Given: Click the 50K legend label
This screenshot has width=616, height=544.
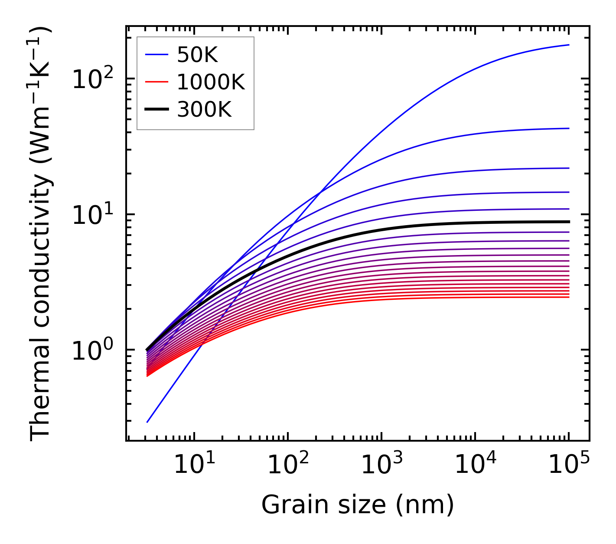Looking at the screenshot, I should tap(197, 55).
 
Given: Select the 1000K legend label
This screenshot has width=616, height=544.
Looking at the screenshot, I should tap(211, 82).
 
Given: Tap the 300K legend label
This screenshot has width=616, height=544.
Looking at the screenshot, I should tap(204, 110).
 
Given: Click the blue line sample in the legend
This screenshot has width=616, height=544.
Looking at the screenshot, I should tap(156, 55).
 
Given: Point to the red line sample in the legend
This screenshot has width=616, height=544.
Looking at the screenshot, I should tap(156, 82).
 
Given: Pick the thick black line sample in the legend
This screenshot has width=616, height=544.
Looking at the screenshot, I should tap(156, 110).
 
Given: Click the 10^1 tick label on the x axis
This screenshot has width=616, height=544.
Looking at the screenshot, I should tap(194, 465).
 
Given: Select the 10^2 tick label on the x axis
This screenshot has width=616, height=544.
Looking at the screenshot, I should tap(288, 465).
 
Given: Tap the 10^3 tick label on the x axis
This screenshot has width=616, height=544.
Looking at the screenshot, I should tap(381, 465).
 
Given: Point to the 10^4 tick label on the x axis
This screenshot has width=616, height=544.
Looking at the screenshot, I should tap(475, 465).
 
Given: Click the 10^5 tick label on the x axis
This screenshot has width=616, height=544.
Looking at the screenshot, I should tap(569, 465).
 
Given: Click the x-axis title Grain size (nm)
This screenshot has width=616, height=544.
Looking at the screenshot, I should tap(358, 505).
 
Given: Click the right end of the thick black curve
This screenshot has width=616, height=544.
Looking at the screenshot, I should tap(569, 222).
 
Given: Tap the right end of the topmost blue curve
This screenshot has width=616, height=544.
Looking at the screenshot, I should tap(569, 45).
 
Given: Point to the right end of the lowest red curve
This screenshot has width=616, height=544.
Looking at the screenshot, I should tap(569, 297).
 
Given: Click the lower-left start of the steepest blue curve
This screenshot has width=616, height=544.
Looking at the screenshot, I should tap(147, 422).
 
